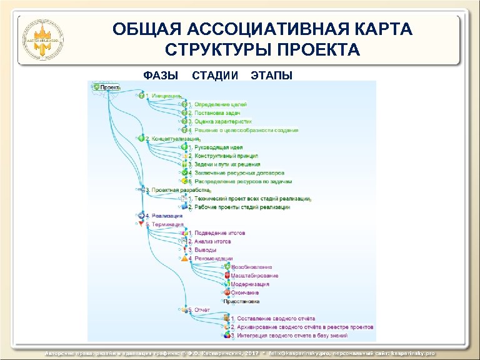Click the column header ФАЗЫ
pyautogui.click(x=161, y=76)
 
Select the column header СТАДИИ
pyautogui.click(x=215, y=76)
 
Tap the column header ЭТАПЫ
pyautogui.click(x=271, y=76)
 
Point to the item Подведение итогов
pyautogui.click(x=219, y=233)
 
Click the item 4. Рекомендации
pyautogui.click(x=213, y=258)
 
